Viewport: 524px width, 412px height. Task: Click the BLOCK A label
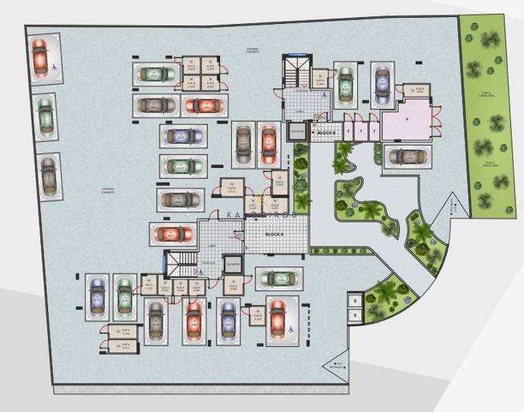275,233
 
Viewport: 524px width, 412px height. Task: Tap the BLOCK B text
326,133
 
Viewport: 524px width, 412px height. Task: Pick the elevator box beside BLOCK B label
298,132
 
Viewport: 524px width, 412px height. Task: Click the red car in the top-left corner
40,56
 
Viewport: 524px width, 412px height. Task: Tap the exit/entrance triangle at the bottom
338,363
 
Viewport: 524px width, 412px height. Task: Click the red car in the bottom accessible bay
277,319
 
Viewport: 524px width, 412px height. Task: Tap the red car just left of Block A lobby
174,233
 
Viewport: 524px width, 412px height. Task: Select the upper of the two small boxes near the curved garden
353,300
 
